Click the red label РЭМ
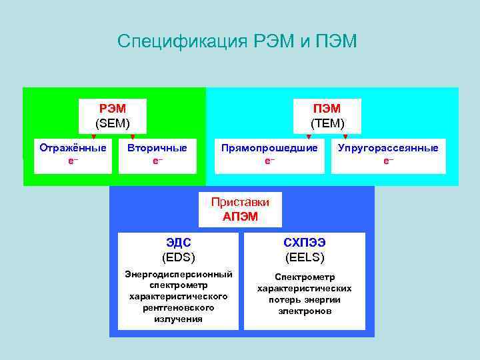pyautogui.click(x=113, y=109)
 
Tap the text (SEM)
pyautogui.click(x=113, y=123)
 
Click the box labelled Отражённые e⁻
pyautogui.click(x=73, y=155)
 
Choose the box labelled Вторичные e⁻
pyautogui.click(x=157, y=155)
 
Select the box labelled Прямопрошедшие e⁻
pyautogui.click(x=269, y=155)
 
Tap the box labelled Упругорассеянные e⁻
pyautogui.click(x=388, y=155)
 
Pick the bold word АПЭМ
pyautogui.click(x=240, y=217)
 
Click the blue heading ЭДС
pyautogui.click(x=178, y=243)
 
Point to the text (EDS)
pyautogui.click(x=178, y=257)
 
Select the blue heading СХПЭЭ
pyautogui.click(x=305, y=243)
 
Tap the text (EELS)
pyautogui.click(x=305, y=257)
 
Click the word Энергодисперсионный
pyautogui.click(x=179, y=274)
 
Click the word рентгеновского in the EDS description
pyautogui.click(x=179, y=308)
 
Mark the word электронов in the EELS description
pyautogui.click(x=305, y=311)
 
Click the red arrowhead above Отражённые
pyautogui.click(x=93, y=137)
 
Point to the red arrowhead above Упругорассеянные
pyautogui.click(x=345, y=137)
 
